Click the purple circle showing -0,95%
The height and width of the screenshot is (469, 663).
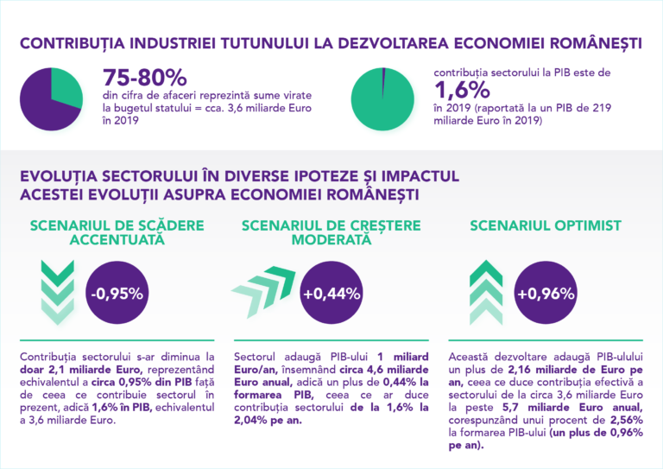click(117, 294)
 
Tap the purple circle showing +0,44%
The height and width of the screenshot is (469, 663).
click(331, 294)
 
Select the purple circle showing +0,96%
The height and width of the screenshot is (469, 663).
click(545, 294)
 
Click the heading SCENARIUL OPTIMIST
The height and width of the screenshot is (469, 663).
click(545, 225)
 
